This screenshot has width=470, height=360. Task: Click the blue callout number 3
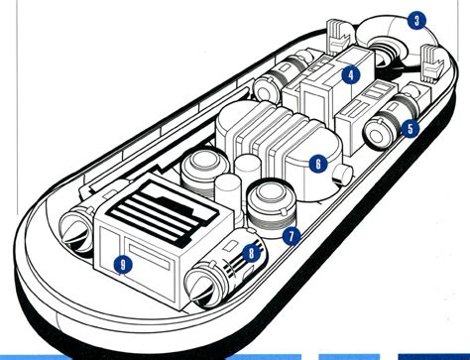click(x=416, y=21)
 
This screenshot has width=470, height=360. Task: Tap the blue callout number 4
click(x=351, y=74)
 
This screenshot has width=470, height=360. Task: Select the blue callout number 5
click(x=410, y=129)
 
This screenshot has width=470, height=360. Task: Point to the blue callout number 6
click(x=318, y=164)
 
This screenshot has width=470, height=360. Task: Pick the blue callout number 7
click(x=292, y=236)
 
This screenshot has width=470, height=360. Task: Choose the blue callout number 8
click(x=251, y=253)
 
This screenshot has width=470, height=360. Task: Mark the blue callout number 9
click(x=123, y=265)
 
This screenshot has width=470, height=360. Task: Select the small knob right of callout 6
click(x=342, y=174)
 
